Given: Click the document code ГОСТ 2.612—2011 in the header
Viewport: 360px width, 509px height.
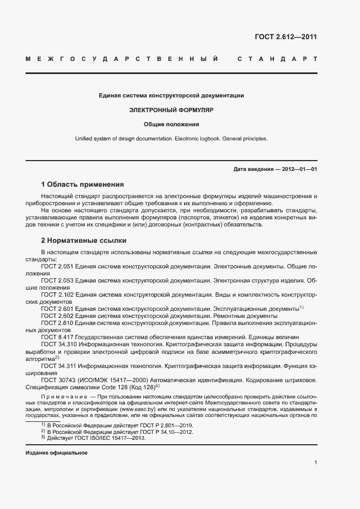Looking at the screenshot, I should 285,37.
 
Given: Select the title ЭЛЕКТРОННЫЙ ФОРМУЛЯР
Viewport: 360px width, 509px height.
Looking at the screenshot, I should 171,109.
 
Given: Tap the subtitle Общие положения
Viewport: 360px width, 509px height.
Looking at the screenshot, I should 171,124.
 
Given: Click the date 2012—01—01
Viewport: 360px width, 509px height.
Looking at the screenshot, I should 299,169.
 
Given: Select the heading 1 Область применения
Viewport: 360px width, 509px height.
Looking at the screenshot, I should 82,185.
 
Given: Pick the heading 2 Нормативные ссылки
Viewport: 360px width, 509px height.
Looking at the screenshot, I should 84,240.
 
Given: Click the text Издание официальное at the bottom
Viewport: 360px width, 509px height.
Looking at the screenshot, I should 57,453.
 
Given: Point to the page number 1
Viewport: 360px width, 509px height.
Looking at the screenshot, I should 315,463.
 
